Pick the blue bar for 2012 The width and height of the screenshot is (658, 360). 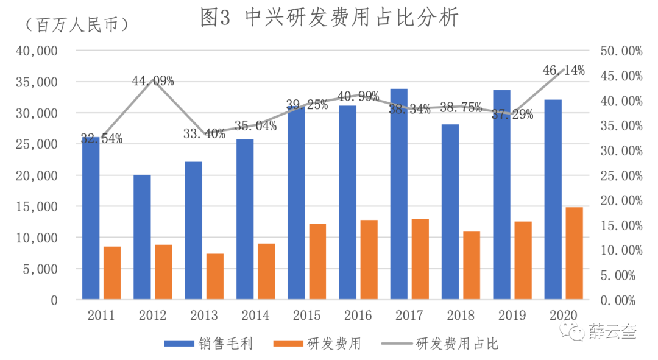tap(142, 237)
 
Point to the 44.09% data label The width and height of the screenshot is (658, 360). tap(154, 81)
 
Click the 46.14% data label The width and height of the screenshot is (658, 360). tap(564, 71)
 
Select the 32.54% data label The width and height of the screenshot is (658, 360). tap(102, 139)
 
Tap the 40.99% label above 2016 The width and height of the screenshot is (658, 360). tap(358, 96)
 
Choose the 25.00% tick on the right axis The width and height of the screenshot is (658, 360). tap(621, 176)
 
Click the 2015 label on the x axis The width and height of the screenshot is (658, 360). tap(306, 316)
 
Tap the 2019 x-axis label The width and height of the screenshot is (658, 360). tap(512, 316)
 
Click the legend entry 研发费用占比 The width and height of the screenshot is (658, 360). tap(457, 344)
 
